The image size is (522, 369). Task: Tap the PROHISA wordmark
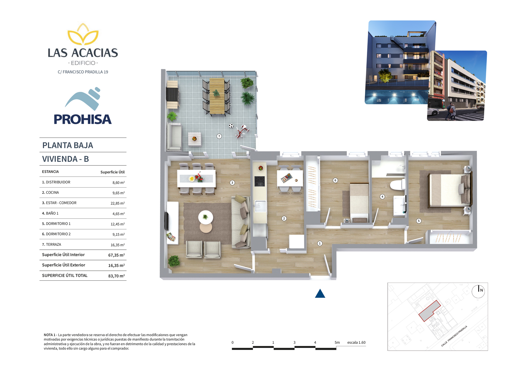[83, 119]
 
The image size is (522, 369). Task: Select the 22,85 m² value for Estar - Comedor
[118, 203]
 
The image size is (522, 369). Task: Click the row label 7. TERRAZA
[51, 244]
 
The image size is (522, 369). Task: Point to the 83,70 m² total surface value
[117, 276]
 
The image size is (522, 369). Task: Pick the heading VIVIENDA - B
[66, 159]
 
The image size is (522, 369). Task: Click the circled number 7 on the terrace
[219, 136]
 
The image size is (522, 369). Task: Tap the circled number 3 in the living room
[232, 183]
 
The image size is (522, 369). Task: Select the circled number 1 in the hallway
[320, 244]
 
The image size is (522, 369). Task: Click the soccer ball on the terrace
[231, 126]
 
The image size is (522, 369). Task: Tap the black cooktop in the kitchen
[260, 181]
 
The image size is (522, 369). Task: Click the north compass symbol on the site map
[478, 291]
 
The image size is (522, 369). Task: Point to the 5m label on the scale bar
[337, 342]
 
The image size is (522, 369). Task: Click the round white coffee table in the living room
[205, 217]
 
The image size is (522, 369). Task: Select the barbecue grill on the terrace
[172, 94]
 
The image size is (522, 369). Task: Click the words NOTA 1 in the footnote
[50, 335]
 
